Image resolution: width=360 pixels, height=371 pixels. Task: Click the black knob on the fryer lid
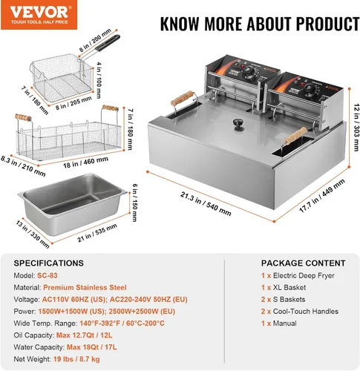[x=239, y=122]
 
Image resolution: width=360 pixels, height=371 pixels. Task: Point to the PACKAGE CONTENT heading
[x=304, y=263]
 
